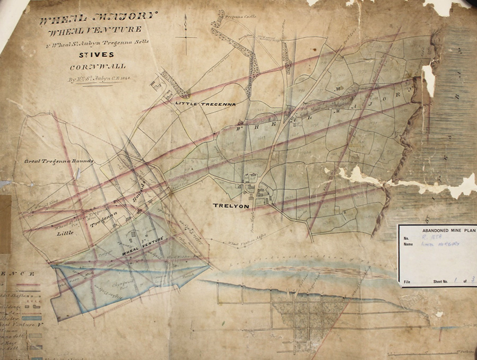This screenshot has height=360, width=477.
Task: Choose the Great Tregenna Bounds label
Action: (59, 161)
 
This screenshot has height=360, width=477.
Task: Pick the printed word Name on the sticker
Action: (408, 244)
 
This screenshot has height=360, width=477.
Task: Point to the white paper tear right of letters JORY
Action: (428, 80)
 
